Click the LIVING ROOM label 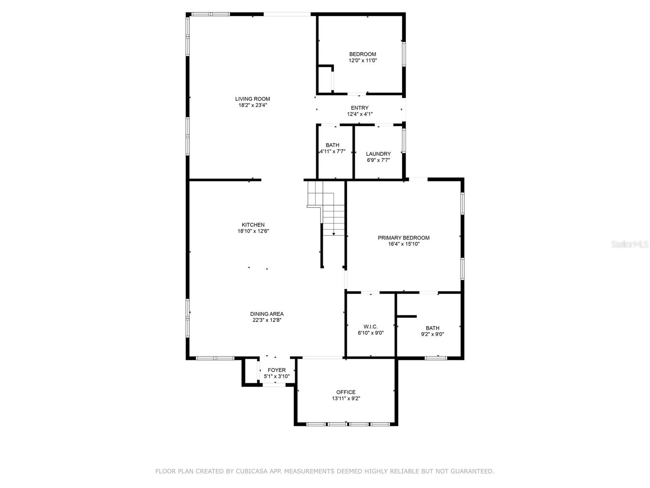tap(252, 99)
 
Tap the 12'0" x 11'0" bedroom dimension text tap(363, 61)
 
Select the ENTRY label tap(360, 108)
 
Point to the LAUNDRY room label tap(378, 154)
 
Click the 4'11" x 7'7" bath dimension tap(332, 151)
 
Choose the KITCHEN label tap(253, 225)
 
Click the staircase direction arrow tap(334, 233)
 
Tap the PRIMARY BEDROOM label tap(403, 238)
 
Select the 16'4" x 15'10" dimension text tap(403, 244)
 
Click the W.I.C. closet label tap(370, 327)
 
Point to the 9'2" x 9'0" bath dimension tap(432, 334)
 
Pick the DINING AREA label tap(266, 314)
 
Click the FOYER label tap(276, 370)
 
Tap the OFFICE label tap(346, 392)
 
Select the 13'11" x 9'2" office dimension tap(346, 399)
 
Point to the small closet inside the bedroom tap(325, 80)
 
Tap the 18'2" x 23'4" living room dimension tap(252, 105)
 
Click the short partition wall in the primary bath tap(407, 316)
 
